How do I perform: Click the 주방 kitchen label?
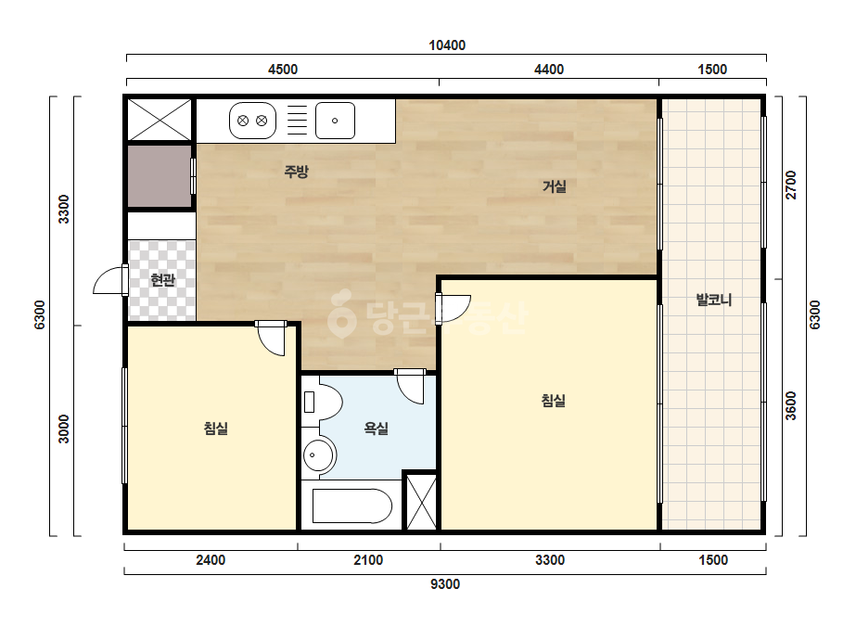(297, 172)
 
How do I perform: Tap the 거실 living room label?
(554, 186)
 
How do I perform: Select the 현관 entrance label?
(162, 280)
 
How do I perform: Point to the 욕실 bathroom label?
(377, 429)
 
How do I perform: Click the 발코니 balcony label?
(713, 300)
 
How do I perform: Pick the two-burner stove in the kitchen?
(252, 121)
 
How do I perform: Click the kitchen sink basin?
(335, 121)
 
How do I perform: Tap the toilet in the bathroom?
(322, 402)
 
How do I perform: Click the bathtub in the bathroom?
(352, 506)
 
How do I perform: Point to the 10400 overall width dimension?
(447, 45)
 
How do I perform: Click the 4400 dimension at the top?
(549, 70)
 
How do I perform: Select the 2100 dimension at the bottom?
(368, 560)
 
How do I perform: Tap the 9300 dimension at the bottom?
(445, 584)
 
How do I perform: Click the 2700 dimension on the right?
(791, 186)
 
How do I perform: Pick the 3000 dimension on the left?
(64, 429)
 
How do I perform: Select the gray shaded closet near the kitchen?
(160, 176)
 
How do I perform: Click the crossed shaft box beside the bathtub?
(422, 502)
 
